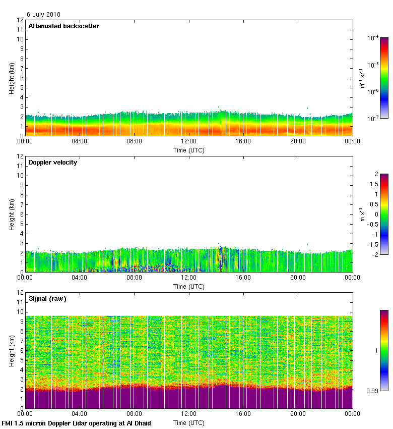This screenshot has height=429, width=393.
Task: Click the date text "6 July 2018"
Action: pos(43,15)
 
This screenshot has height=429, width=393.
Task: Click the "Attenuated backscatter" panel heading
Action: pos(64,26)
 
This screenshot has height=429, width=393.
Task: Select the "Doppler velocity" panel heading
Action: pos(53,163)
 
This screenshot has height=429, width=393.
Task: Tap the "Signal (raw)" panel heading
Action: pos(47,299)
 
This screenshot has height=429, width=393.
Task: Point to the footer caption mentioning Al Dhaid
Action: pos(77,423)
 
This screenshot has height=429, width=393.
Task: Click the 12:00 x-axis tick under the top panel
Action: pos(189,142)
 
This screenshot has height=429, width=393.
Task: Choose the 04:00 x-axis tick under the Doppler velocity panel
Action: pos(80,278)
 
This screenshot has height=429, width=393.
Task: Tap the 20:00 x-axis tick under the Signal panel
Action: pos(298,414)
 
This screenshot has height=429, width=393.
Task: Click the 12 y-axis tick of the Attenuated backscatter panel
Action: pos(20,20)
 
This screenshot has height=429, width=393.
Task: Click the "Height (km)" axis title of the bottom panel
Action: pos(12,350)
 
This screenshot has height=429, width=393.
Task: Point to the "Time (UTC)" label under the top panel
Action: pos(189,150)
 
